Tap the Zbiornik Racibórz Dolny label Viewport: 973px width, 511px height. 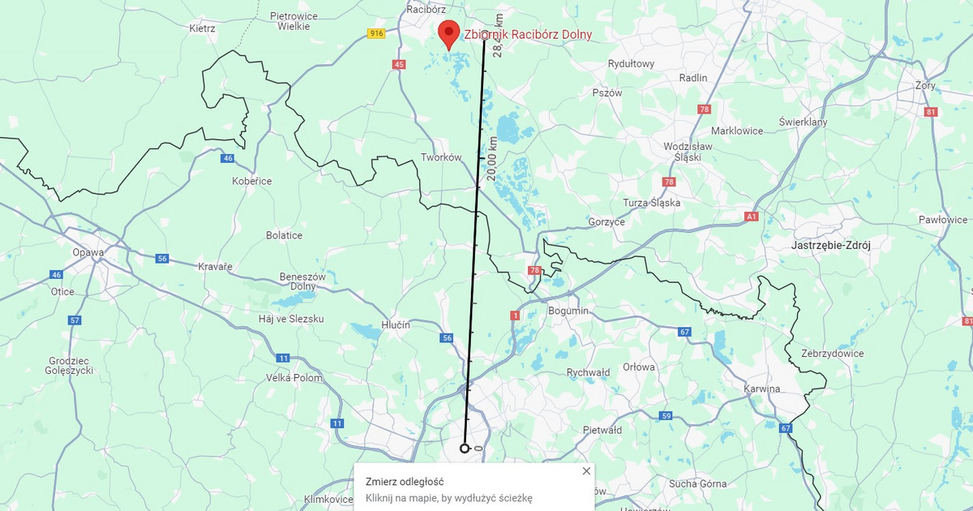click(x=527, y=35)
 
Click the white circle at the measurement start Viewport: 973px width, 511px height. click(x=465, y=449)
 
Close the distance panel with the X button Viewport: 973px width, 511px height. click(x=586, y=471)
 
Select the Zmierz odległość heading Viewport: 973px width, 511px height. click(x=405, y=482)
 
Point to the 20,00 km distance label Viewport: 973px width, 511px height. click(x=493, y=159)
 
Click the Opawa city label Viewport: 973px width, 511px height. click(x=88, y=252)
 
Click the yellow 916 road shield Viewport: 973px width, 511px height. click(x=375, y=33)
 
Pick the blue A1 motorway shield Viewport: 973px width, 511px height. click(x=751, y=217)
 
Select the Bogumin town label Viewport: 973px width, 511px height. click(x=568, y=311)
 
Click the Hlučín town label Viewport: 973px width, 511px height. click(x=395, y=324)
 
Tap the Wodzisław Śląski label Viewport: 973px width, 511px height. click(x=687, y=152)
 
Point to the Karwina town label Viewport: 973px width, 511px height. click(x=761, y=389)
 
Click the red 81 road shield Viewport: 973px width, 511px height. click(x=929, y=112)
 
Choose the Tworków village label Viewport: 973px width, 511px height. click(x=441, y=157)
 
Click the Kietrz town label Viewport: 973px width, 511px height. click(x=202, y=28)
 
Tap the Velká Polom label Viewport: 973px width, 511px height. click(x=294, y=378)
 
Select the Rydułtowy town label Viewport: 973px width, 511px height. click(x=631, y=64)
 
